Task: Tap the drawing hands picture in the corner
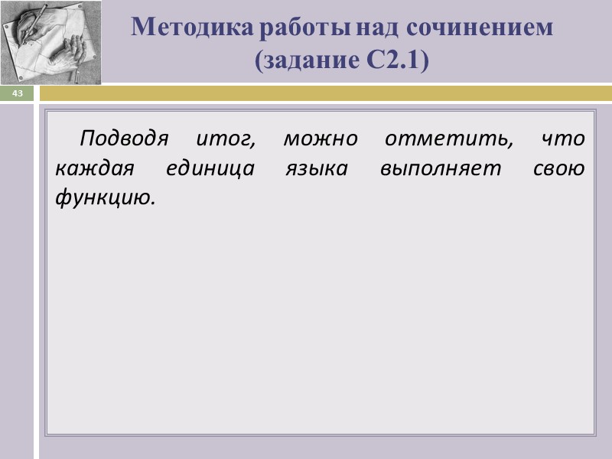point(50,42)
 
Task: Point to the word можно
point(320,140)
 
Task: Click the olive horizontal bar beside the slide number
point(325,93)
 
